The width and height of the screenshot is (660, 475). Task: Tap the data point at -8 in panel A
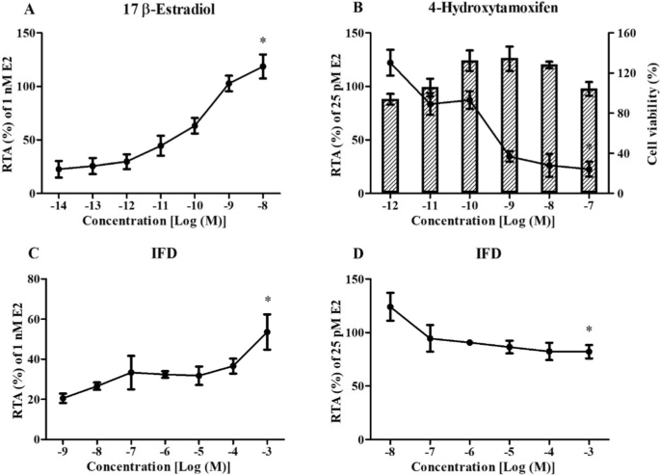pyautogui.click(x=263, y=66)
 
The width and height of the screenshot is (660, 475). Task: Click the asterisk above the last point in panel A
pyautogui.click(x=263, y=41)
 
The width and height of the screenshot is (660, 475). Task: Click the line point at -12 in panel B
pyautogui.click(x=390, y=64)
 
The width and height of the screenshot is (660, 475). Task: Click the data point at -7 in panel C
pyautogui.click(x=130, y=372)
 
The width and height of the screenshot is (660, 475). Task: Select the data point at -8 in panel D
pyautogui.click(x=390, y=307)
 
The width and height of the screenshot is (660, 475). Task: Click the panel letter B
pyautogui.click(x=332, y=10)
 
